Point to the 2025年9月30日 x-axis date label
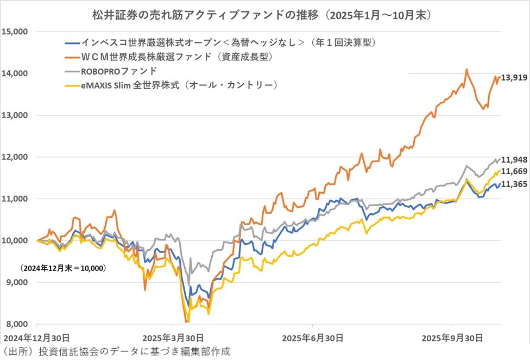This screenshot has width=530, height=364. tap(453, 337)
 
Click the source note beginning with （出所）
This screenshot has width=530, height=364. tap(117, 351)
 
